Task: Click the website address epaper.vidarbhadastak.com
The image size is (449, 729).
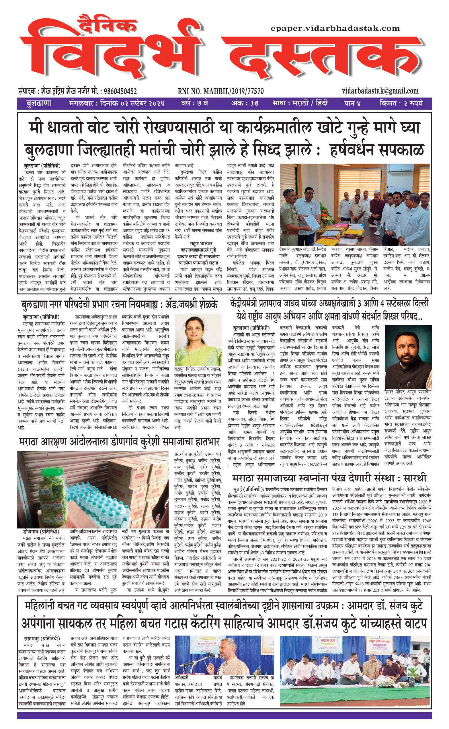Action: pos(335,28)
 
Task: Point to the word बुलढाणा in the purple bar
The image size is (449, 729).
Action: pos(39,103)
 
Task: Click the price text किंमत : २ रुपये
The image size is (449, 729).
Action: pos(401,103)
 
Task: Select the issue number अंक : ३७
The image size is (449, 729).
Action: pos(245,103)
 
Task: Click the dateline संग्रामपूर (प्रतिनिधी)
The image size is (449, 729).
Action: pos(42,638)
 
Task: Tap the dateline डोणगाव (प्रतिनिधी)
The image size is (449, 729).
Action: pos(41,531)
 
